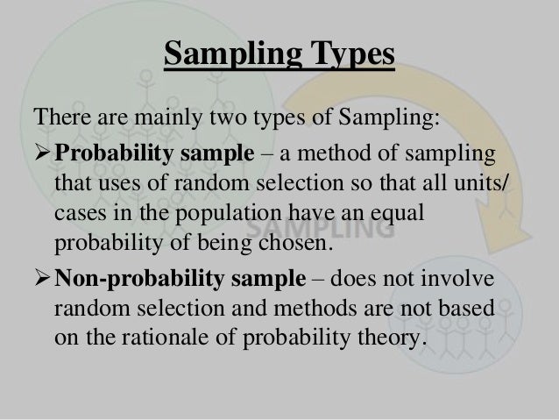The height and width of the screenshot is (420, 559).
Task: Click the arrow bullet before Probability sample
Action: click(x=43, y=156)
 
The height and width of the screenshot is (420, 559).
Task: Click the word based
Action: click(x=464, y=309)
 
